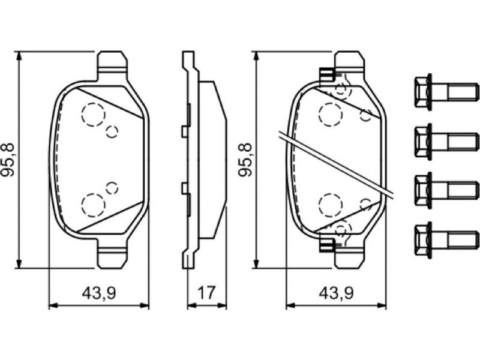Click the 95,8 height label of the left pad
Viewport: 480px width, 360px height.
[x=8, y=159]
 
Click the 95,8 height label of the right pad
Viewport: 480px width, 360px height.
[x=245, y=159]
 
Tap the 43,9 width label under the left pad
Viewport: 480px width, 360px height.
[x=99, y=294]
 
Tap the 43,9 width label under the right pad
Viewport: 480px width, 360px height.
[x=336, y=294]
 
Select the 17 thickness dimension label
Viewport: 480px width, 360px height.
[x=207, y=293]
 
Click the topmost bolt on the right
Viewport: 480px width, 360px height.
[x=446, y=91]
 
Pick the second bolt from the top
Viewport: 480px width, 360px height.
[x=446, y=142]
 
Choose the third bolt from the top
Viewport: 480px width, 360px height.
[x=446, y=190]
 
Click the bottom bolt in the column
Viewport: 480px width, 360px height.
[x=446, y=239]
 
